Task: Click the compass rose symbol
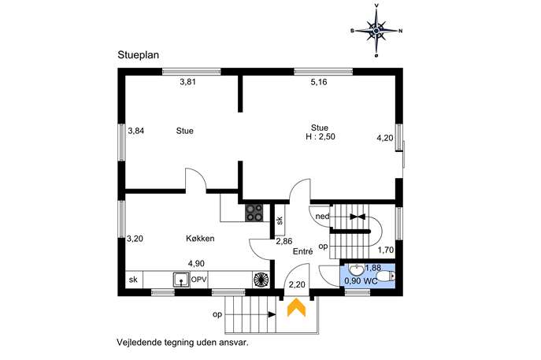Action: [x=376, y=31]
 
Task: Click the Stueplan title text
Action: [x=139, y=55]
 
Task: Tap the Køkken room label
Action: [x=200, y=239]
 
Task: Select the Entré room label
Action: [x=302, y=251]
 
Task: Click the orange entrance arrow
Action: [x=296, y=308]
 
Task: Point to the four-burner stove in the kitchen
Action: [x=254, y=213]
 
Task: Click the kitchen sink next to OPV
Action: [x=181, y=280]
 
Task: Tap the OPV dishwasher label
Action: [x=198, y=279]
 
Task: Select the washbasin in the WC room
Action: [x=355, y=269]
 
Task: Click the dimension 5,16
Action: [x=319, y=82]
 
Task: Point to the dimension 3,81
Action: [x=187, y=82]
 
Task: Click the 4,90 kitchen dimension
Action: [x=196, y=264]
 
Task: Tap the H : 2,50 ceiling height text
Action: [x=321, y=137]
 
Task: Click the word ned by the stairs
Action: [x=322, y=217]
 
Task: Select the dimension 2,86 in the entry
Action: [x=284, y=242]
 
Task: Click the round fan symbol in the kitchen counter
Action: [x=261, y=280]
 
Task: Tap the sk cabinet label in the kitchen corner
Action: [x=133, y=280]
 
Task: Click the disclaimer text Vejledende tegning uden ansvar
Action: [x=183, y=343]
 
